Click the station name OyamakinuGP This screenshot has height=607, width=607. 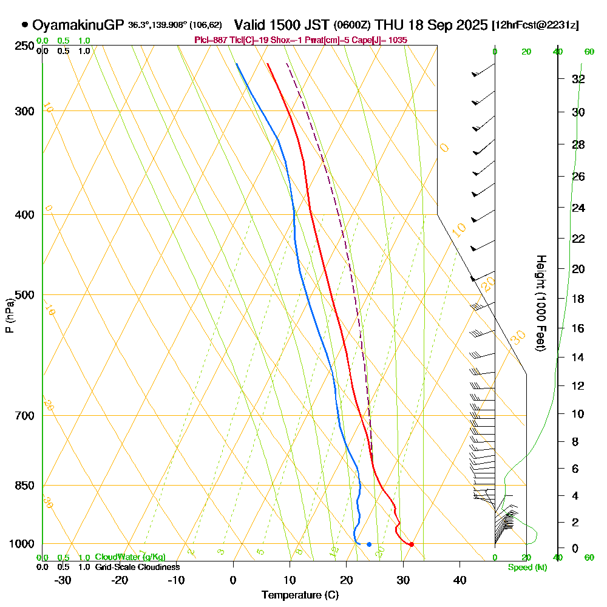pyautogui.click(x=79, y=25)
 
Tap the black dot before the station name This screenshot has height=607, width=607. pyautogui.click(x=25, y=25)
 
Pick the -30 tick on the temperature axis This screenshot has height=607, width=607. pyautogui.click(x=63, y=580)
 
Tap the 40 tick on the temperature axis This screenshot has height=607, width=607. pyautogui.click(x=459, y=580)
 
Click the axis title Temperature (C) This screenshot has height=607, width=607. pyautogui.click(x=300, y=595)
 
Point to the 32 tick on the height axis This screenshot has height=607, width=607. pyautogui.click(x=578, y=79)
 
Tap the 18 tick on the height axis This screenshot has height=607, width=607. pyautogui.click(x=578, y=299)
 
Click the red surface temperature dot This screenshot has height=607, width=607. pyautogui.click(x=412, y=544)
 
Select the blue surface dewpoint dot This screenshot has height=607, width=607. pyautogui.click(x=369, y=544)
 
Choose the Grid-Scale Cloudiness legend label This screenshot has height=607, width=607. pyautogui.click(x=137, y=567)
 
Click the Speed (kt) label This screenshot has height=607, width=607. pyautogui.click(x=526, y=567)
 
